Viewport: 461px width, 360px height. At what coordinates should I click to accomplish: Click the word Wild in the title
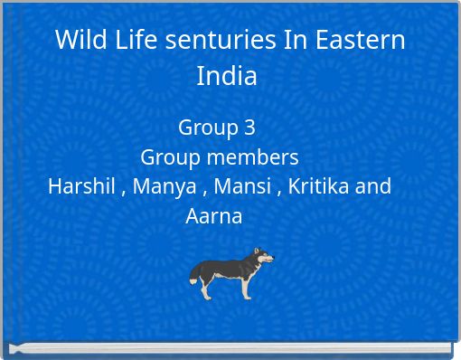(77, 41)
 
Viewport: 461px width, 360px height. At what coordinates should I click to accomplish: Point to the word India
(227, 76)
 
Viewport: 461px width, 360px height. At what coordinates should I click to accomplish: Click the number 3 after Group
(249, 128)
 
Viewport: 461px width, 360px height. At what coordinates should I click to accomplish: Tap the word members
(257, 157)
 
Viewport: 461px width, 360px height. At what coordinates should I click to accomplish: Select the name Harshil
(80, 187)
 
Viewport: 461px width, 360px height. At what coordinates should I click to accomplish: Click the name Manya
(165, 187)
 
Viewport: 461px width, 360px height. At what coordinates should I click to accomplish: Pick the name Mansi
(244, 187)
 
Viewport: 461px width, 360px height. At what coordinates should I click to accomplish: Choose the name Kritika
(319, 187)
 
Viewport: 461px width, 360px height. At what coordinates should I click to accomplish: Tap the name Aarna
(214, 217)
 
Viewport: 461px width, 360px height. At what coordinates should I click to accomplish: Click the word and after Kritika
(373, 187)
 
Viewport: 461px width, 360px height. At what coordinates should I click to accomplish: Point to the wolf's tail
(195, 272)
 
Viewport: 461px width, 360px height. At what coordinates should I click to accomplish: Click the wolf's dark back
(226, 262)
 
